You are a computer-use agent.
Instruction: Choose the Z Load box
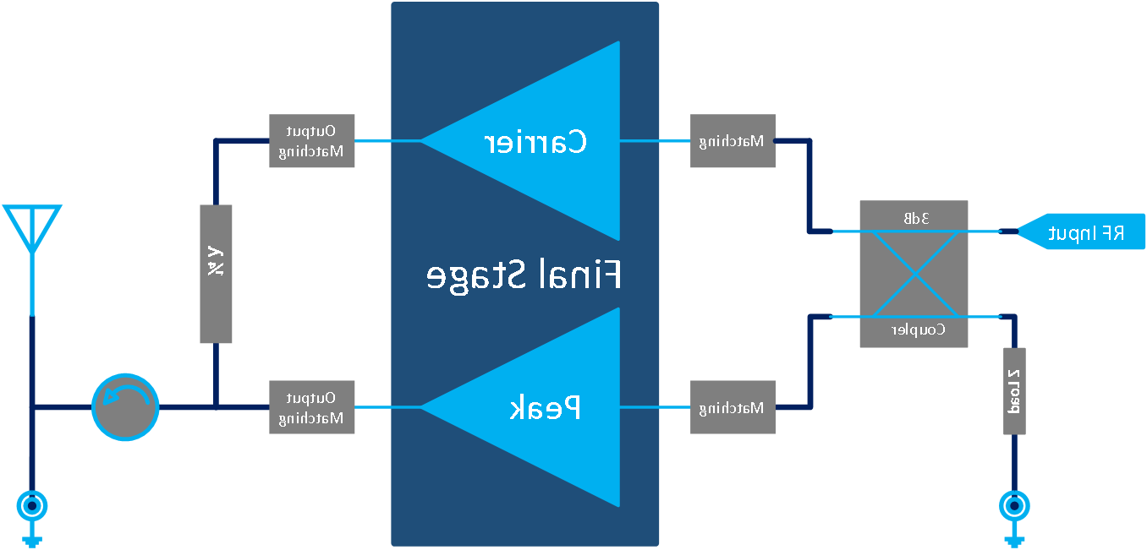point(1014,391)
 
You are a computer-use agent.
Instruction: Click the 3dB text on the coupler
point(914,218)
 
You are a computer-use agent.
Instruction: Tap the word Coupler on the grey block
point(919,330)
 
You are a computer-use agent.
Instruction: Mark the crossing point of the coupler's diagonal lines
point(914,274)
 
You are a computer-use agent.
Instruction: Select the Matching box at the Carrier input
point(733,141)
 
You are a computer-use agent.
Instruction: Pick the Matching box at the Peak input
point(733,407)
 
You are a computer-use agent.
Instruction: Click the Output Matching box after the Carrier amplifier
point(311,141)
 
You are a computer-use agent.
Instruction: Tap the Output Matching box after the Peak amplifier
point(311,407)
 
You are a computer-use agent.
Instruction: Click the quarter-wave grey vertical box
point(216,274)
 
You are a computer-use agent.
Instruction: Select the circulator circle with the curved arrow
point(125,407)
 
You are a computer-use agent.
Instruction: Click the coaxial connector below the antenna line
point(32,507)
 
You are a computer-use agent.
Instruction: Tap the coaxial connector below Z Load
point(1013,507)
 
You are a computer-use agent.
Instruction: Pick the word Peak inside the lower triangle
point(546,408)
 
